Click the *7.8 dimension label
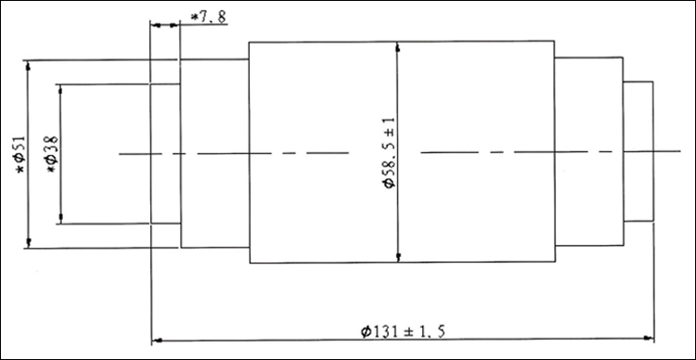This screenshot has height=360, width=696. (208, 18)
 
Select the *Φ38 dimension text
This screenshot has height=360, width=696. (52, 154)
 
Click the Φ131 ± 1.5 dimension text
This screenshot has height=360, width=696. (403, 331)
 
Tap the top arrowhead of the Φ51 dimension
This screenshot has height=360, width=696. (29, 65)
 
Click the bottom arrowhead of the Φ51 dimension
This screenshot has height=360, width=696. (29, 243)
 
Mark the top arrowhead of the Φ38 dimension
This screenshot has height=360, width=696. (61, 89)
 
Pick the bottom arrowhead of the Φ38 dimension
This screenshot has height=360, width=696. (61, 219)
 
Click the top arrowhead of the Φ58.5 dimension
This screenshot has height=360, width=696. (397, 46)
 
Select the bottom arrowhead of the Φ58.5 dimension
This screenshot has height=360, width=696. (398, 257)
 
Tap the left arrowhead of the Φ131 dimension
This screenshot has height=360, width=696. (157, 341)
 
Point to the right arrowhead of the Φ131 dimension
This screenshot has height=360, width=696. (649, 340)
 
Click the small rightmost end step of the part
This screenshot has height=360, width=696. (638, 151)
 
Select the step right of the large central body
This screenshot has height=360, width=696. (588, 151)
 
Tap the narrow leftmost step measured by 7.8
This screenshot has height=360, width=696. (165, 154)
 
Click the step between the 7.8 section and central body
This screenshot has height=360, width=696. (214, 153)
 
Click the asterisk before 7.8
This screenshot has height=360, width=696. (194, 18)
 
